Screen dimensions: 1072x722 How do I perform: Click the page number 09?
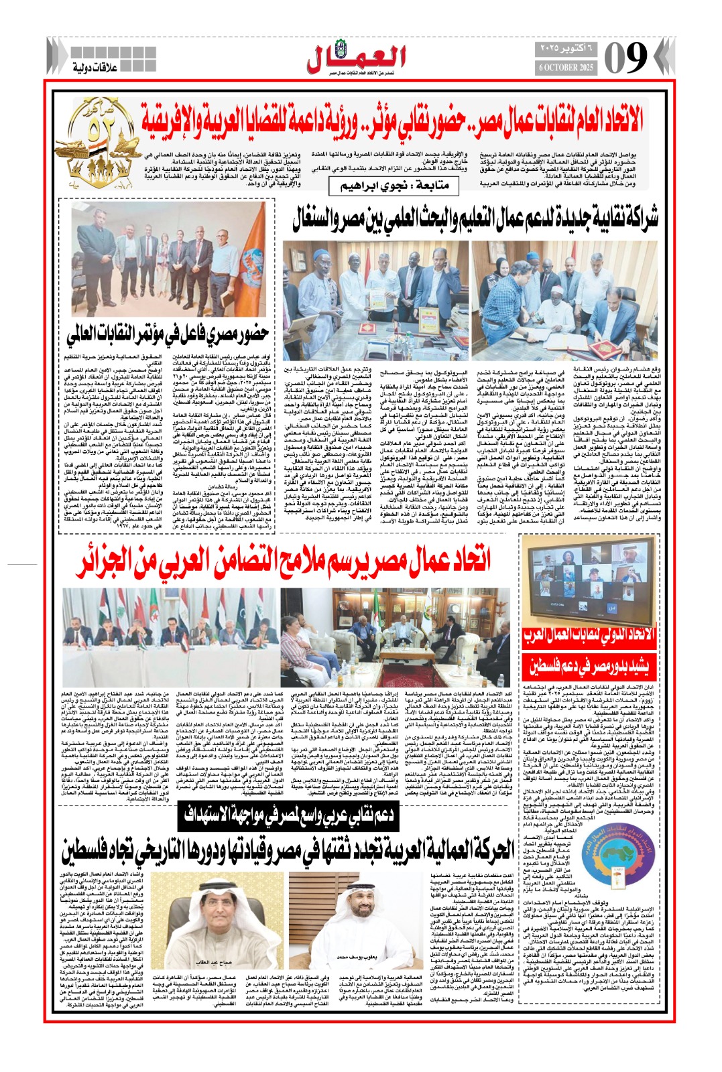[625, 58]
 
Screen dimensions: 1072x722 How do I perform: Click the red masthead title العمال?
[357, 56]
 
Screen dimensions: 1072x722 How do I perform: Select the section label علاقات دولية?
[95, 67]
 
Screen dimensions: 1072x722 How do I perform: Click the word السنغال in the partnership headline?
[316, 219]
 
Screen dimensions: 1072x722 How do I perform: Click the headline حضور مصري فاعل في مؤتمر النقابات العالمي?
[168, 332]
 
